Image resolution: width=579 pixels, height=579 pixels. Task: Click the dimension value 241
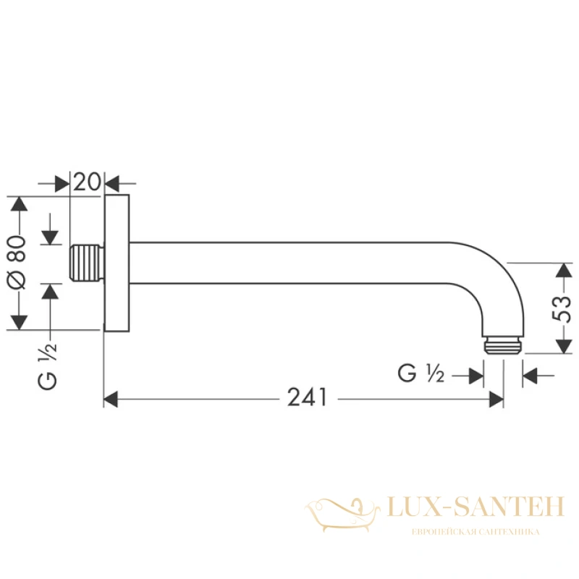307,397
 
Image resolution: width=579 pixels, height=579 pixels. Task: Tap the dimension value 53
562,308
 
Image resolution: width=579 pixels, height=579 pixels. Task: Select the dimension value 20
87,182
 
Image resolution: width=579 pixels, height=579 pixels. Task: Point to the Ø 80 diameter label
17,263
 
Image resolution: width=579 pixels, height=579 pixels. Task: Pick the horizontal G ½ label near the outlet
420,373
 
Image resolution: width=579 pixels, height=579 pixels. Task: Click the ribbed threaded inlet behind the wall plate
87,262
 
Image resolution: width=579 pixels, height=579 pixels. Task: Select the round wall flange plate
117,263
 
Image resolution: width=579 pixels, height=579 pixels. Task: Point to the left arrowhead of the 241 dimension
111,400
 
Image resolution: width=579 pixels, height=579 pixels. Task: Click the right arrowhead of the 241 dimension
496,400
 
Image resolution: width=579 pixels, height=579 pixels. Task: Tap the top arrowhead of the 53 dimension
564,270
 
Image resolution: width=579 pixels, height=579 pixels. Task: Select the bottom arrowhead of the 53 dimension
564,347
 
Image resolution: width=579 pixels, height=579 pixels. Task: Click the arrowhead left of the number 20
62,183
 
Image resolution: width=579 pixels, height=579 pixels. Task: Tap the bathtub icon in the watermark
342,514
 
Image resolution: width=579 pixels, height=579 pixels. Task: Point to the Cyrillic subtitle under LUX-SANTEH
476,532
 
